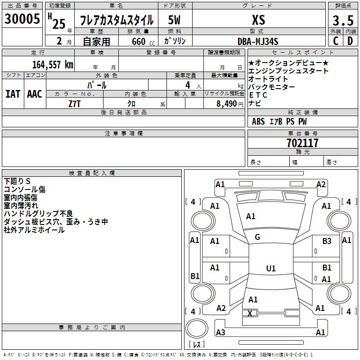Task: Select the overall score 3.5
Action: click(343, 21)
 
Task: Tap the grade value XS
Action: click(258, 20)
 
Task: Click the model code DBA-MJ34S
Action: click(258, 41)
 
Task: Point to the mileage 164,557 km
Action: click(53, 65)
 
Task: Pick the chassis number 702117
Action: click(302, 143)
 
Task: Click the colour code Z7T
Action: click(75, 103)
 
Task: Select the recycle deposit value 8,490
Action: click(223, 103)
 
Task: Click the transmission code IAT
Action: click(13, 94)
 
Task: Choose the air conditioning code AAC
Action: click(35, 94)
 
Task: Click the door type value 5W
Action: click(175, 20)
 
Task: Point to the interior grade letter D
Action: click(350, 41)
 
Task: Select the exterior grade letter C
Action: click(336, 41)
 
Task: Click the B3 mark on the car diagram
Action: click(327, 242)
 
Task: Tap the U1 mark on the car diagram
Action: click(270, 269)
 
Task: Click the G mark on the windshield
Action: click(257, 237)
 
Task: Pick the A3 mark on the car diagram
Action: click(220, 333)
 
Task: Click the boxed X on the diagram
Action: click(250, 313)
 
